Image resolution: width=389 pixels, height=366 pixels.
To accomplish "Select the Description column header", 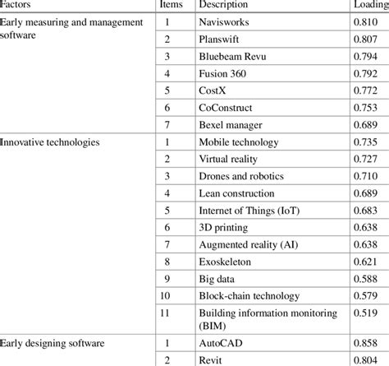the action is (x=224, y=4).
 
